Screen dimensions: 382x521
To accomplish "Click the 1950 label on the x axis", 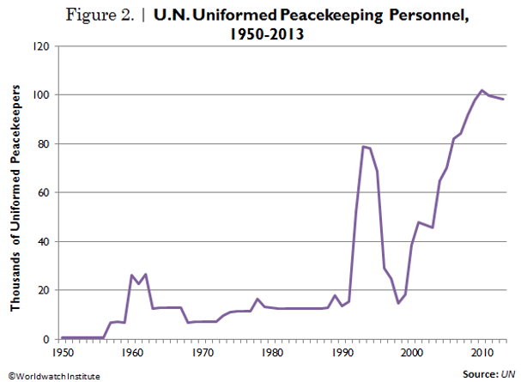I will coord(62,353).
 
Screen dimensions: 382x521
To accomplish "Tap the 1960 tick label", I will coord(132,353).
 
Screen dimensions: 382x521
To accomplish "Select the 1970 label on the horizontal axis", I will coord(202,353).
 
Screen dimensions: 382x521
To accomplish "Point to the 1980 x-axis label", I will coord(272,353).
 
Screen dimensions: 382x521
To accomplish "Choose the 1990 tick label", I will coord(342,353).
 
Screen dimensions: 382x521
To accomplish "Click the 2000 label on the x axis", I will coord(413,353).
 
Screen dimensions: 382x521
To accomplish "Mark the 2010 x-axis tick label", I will coord(482,353).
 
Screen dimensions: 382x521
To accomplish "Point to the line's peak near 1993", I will coord(364,146).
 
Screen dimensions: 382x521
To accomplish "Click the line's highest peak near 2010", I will coord(482,90).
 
